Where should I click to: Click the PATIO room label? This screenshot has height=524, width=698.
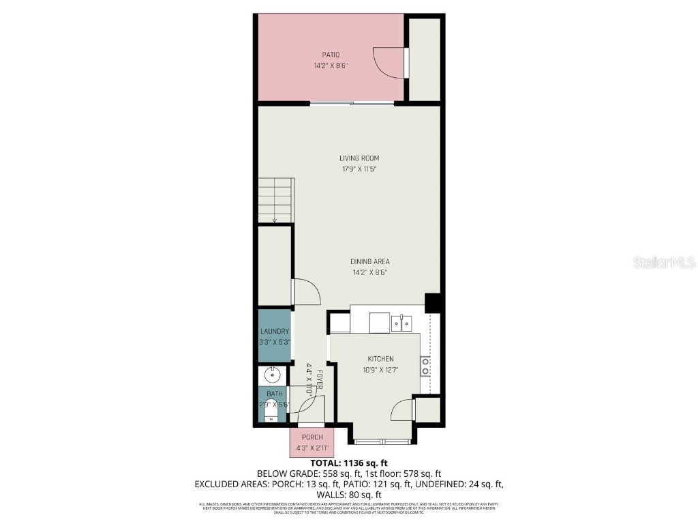[x=331, y=55]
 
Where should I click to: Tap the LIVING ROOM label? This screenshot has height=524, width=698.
[x=359, y=158]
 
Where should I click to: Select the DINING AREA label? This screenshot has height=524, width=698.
[x=370, y=261]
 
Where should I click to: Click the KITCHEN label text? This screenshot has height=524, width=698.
[x=380, y=359]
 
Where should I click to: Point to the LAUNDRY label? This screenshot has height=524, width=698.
[x=274, y=332]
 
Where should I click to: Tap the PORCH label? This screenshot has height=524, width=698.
[x=312, y=437]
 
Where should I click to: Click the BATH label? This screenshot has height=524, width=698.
[x=274, y=394]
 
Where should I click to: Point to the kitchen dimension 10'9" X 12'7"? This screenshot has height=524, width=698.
[x=380, y=370]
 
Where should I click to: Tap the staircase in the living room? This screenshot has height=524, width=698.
[x=275, y=200]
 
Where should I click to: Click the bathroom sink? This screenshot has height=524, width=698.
[x=273, y=374]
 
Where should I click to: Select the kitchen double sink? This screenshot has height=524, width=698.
[x=402, y=323]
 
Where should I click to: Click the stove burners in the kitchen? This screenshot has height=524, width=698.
[x=425, y=366]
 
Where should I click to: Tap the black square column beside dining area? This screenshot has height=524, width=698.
[x=433, y=302]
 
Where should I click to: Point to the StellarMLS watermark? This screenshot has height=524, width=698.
[x=663, y=262]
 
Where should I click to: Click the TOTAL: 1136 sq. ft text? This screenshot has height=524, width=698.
[x=348, y=463]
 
